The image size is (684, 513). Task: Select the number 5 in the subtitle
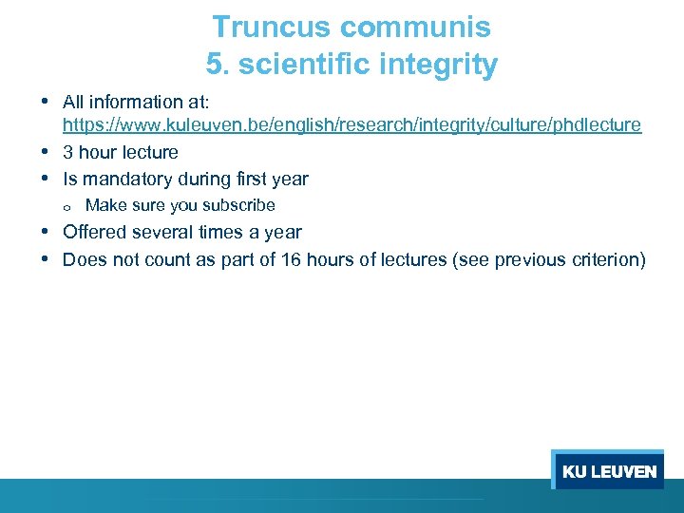tap(215, 65)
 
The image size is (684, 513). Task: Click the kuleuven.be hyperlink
tap(351, 125)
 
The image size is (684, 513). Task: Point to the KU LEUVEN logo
tap(608, 471)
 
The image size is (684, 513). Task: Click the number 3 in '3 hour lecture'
tap(68, 153)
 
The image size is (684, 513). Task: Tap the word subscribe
tap(239, 205)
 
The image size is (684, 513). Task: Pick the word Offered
tap(95, 233)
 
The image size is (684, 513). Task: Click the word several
tap(165, 233)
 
